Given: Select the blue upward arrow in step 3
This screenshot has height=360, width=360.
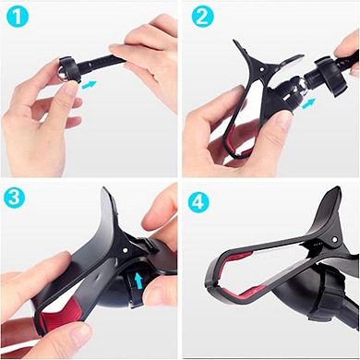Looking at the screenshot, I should [138, 279].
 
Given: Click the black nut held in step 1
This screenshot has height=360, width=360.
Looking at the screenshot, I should [66, 68].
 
